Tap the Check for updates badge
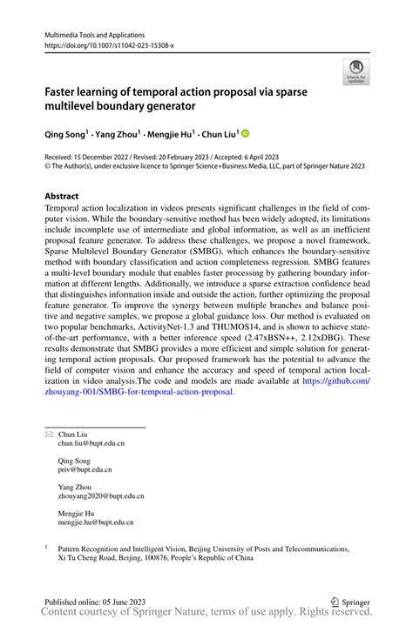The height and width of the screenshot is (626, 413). click(x=355, y=71)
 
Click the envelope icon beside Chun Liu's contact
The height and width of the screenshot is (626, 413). click(x=49, y=433)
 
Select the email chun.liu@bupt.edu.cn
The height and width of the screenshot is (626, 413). click(x=91, y=443)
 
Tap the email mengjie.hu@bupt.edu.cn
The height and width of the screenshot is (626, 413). click(x=97, y=522)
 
